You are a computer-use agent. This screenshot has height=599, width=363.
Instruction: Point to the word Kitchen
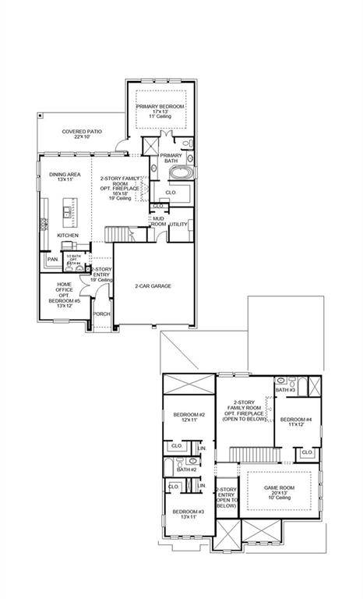tap(68, 235)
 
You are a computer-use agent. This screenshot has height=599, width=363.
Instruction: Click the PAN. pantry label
tap(53, 259)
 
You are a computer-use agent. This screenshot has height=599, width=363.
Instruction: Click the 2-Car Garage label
tap(153, 285)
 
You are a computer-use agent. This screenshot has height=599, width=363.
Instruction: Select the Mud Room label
tap(158, 222)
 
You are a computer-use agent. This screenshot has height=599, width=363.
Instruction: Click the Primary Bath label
tap(171, 158)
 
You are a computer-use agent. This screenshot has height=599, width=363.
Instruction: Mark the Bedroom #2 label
tap(189, 416)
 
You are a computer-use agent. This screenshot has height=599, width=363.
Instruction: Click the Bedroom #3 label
tap(189, 514)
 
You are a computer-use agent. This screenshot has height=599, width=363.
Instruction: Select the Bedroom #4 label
tap(296, 422)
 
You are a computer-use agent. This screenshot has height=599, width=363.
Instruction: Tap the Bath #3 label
tap(285, 389)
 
